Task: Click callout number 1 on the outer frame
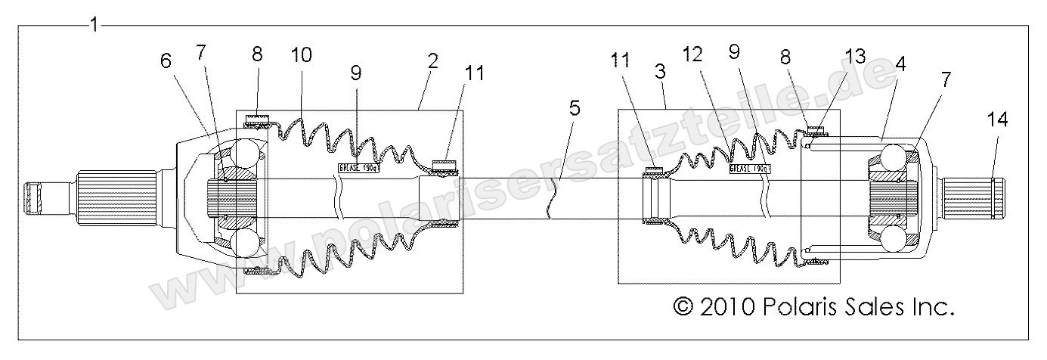coord(93,24)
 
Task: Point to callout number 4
coord(900,65)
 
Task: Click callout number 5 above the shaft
coord(575,107)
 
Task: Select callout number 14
coord(996,119)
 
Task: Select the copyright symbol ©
coord(683,306)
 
